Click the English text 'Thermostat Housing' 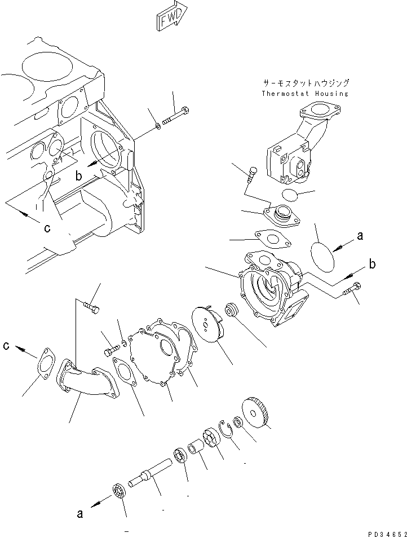(x=305, y=94)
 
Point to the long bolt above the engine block (x=176, y=118)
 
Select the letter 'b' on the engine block (x=79, y=177)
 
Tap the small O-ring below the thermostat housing (x=291, y=195)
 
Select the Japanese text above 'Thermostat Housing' (x=305, y=83)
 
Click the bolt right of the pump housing (x=351, y=292)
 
